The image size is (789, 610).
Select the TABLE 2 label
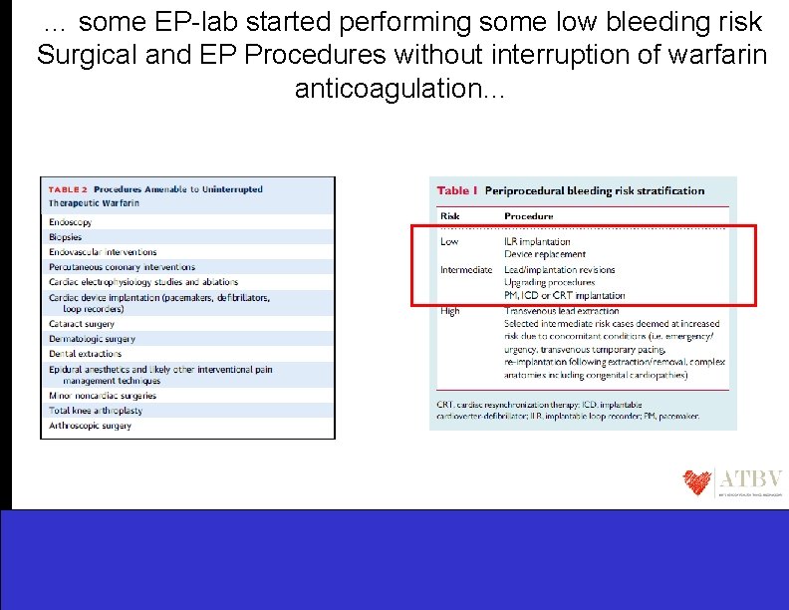click(x=68, y=189)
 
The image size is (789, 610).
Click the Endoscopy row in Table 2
click(x=72, y=222)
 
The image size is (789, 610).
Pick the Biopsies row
click(x=66, y=237)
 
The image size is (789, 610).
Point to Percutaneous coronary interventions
click(x=122, y=267)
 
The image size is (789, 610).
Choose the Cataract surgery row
click(x=82, y=324)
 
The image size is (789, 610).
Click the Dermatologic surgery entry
click(x=91, y=339)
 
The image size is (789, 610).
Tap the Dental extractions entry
click(x=86, y=354)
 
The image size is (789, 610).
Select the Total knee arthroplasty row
click(x=96, y=411)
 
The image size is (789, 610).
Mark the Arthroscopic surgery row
click(x=90, y=426)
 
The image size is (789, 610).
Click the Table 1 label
click(x=457, y=191)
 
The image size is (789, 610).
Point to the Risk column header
click(x=450, y=215)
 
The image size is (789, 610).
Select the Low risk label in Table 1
click(x=450, y=241)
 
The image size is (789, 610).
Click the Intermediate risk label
click(x=466, y=269)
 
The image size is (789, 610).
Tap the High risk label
click(x=450, y=311)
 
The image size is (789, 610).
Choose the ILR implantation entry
click(x=538, y=241)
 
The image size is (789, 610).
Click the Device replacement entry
click(x=545, y=255)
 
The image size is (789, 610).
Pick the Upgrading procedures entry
click(x=550, y=283)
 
